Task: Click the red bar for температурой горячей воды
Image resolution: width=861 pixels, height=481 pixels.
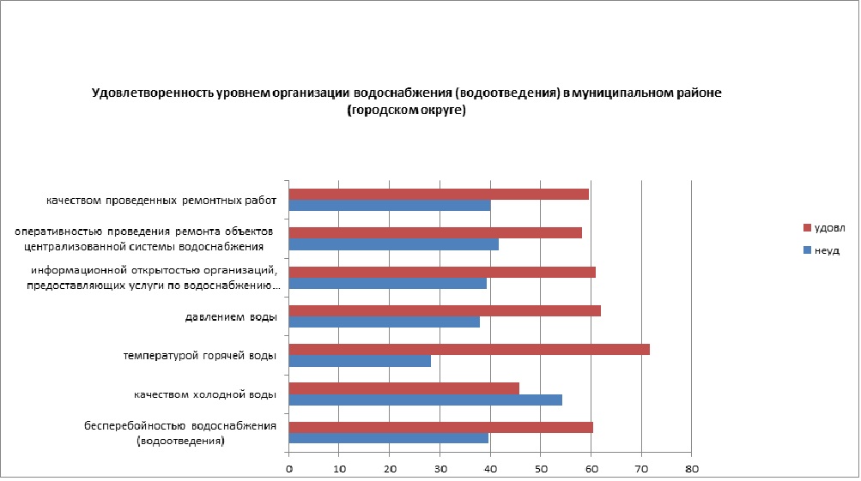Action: (x=469, y=349)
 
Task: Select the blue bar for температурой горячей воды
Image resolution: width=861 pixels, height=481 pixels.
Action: (x=360, y=361)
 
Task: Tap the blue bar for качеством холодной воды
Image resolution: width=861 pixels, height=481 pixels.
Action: (x=425, y=400)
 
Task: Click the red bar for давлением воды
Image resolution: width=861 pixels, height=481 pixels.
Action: (x=445, y=310)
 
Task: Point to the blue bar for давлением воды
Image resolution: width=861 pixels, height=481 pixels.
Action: (x=384, y=322)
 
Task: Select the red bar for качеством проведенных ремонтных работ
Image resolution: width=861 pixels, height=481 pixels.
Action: (x=439, y=194)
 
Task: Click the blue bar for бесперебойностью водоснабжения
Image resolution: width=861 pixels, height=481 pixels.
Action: (x=388, y=438)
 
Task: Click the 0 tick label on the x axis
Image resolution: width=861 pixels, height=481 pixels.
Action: (x=289, y=470)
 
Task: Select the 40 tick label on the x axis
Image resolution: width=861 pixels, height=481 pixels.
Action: (x=490, y=470)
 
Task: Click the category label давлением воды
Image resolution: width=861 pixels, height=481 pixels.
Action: (x=230, y=317)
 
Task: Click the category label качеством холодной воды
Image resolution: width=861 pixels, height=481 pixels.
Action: (x=204, y=394)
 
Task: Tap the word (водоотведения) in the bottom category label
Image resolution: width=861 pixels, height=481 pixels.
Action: (x=180, y=441)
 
